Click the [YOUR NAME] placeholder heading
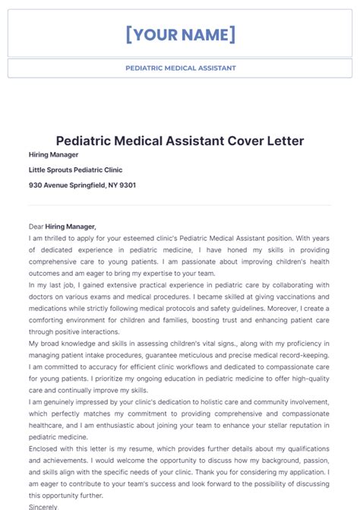(x=180, y=34)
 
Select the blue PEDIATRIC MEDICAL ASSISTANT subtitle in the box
(x=180, y=68)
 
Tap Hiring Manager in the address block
(x=53, y=154)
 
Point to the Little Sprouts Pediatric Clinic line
(x=75, y=169)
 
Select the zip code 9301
(x=128, y=185)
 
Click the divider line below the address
(x=180, y=204)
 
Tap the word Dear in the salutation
(x=36, y=226)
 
